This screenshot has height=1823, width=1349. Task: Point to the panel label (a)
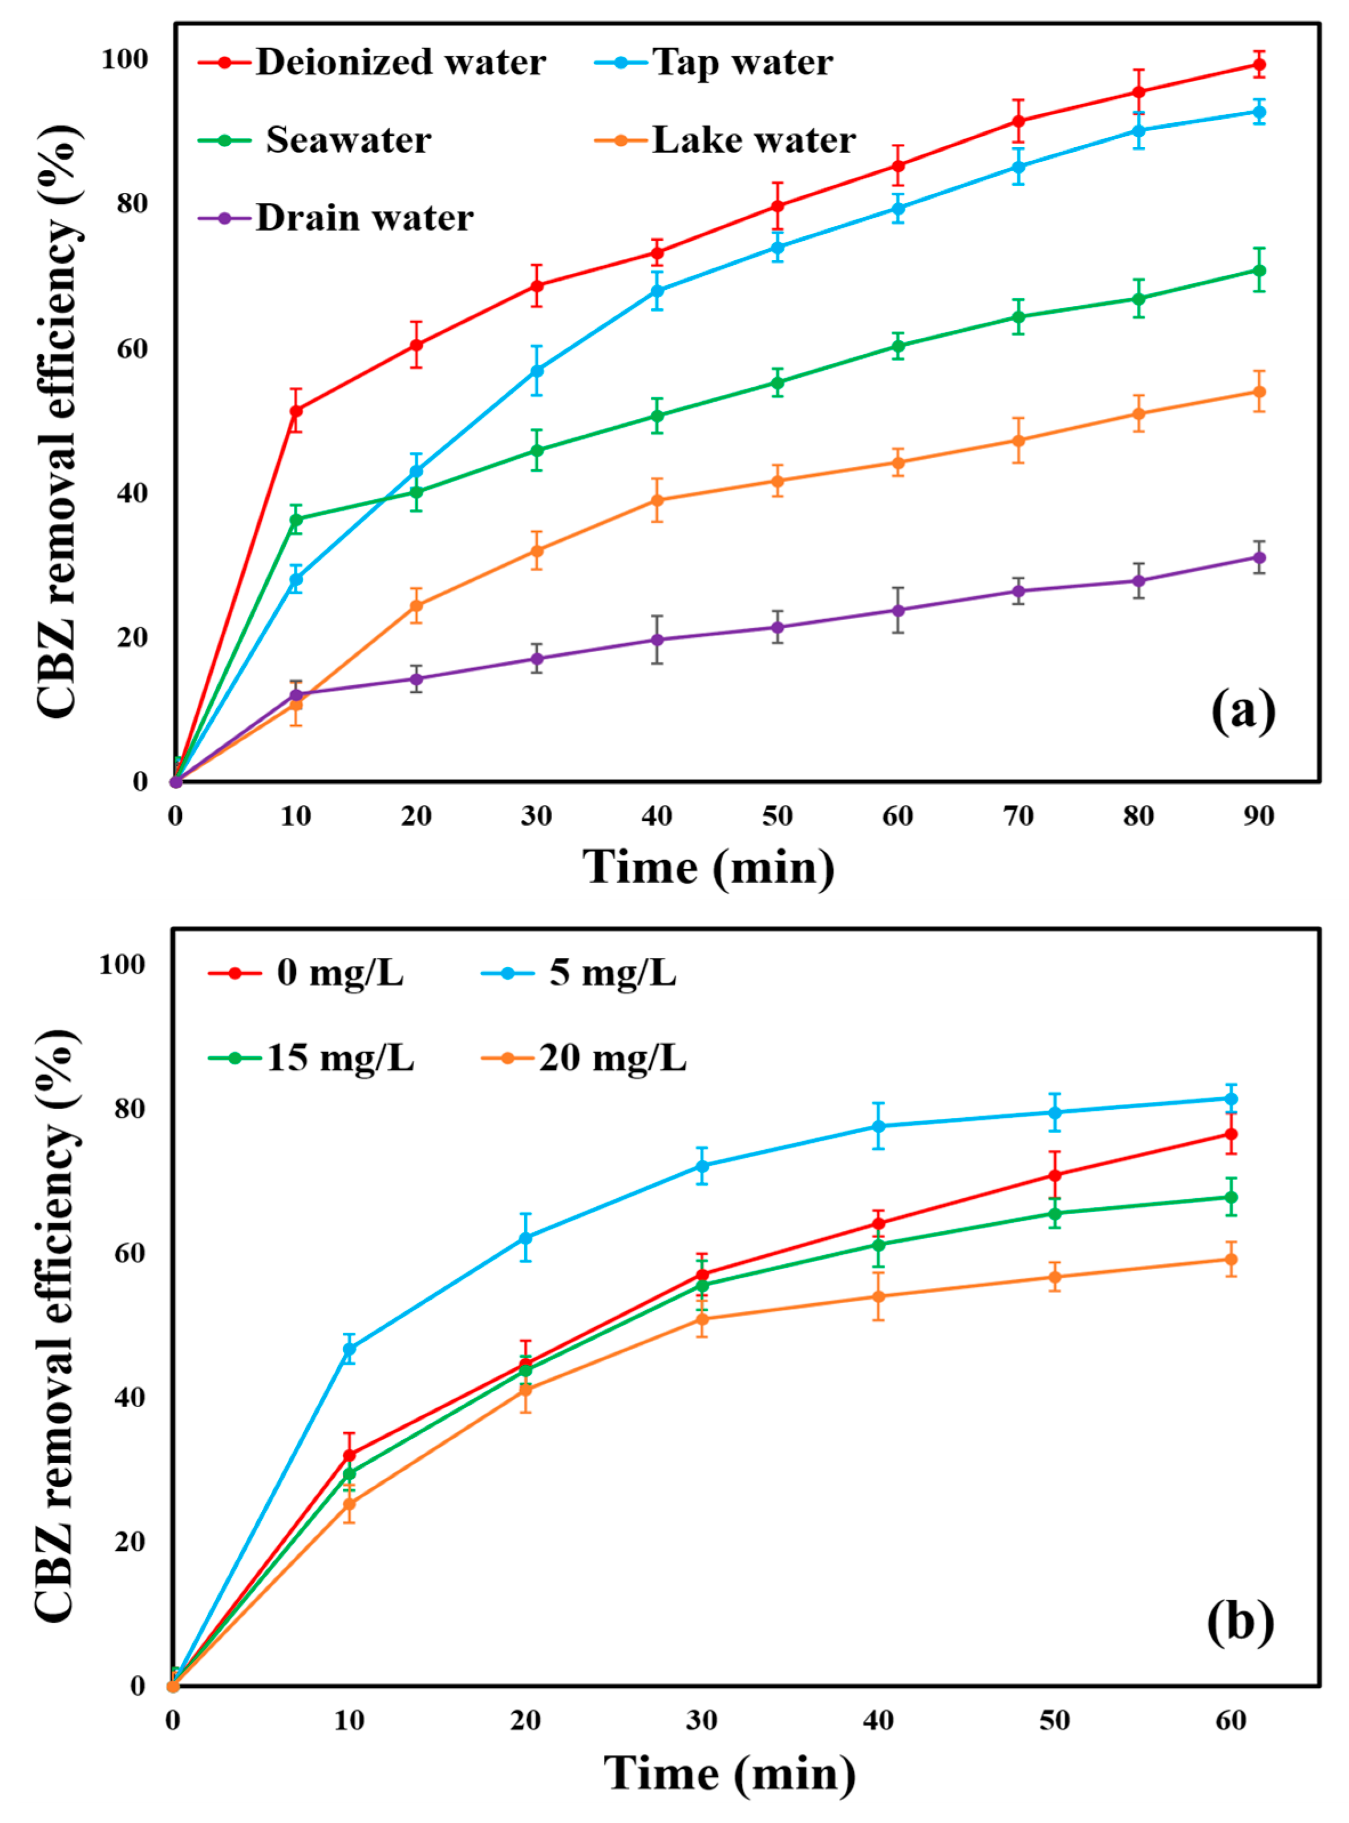[x=1242, y=712]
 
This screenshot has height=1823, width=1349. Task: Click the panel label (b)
[x=1239, y=1620]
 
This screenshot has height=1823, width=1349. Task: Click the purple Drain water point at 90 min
[x=1259, y=558]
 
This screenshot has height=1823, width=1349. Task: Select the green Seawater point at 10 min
[x=295, y=519]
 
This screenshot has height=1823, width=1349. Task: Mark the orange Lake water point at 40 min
[x=657, y=500]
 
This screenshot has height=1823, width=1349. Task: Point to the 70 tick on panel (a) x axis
[x=1018, y=815]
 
